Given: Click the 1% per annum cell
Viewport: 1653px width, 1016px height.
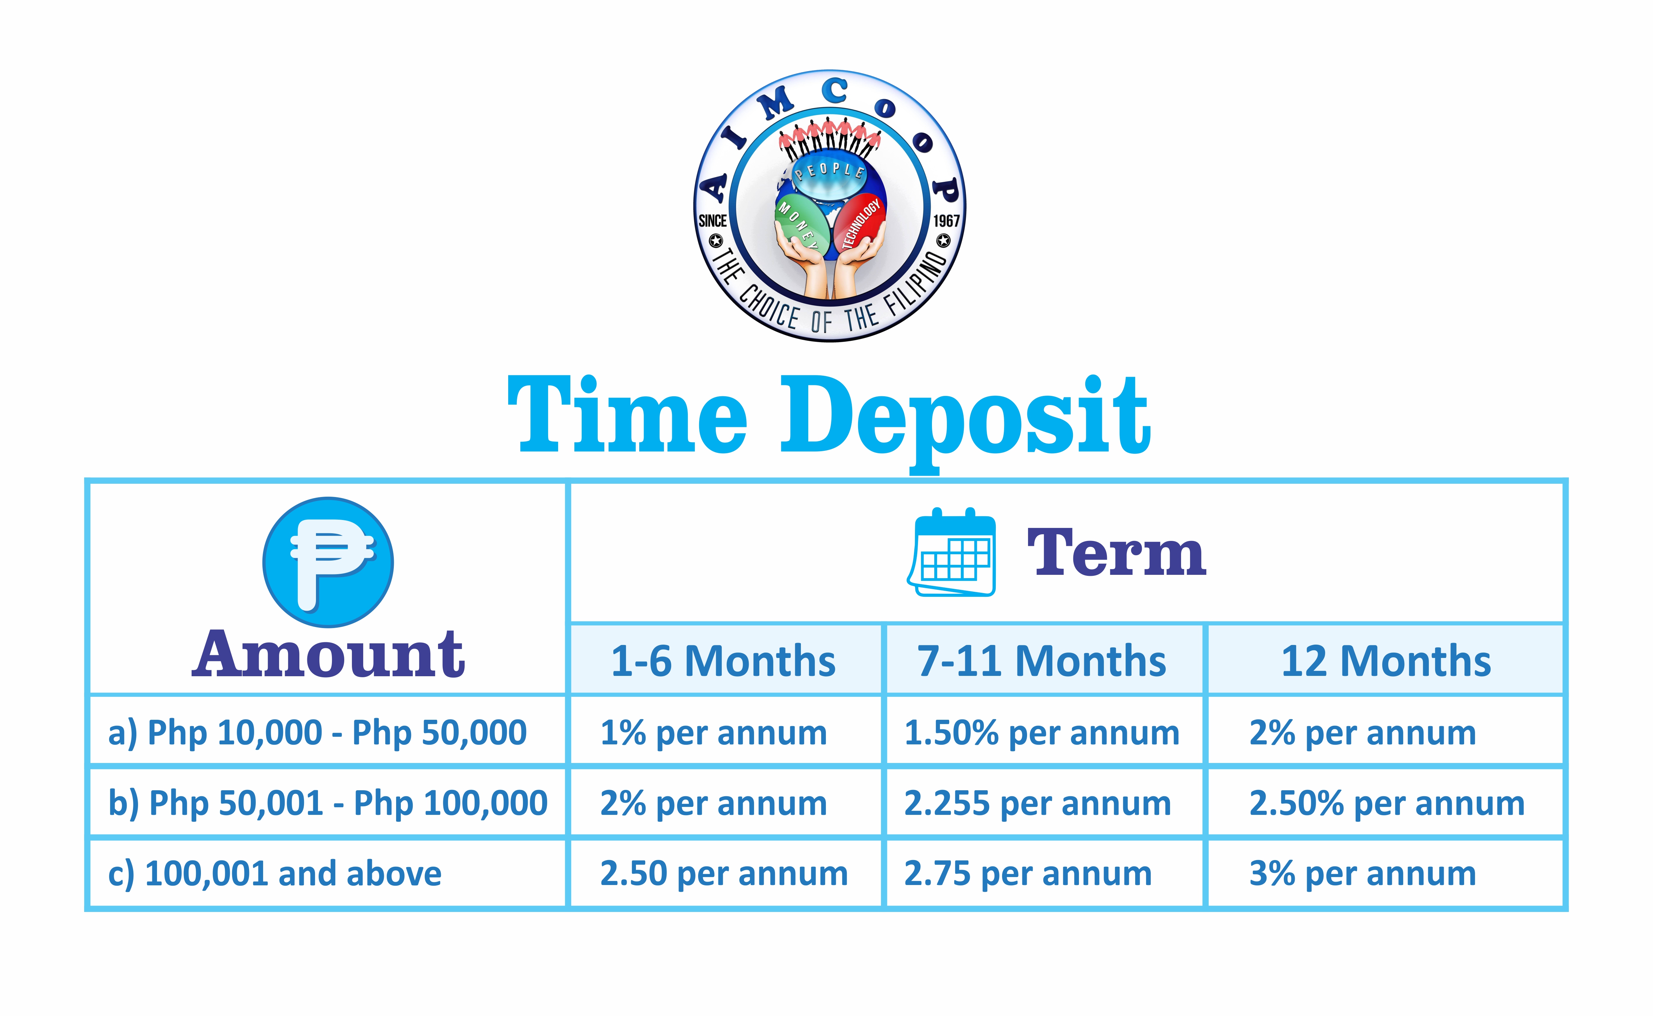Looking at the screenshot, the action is pyautogui.click(x=713, y=732).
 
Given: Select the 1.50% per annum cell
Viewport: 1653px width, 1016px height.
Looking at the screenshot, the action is pyautogui.click(x=1042, y=732).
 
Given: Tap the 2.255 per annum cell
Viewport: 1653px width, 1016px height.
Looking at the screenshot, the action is pyautogui.click(x=1037, y=803).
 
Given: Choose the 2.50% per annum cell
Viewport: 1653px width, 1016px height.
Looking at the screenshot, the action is pyautogui.click(x=1387, y=803).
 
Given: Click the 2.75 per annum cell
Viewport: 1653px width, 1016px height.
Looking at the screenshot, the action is pyautogui.click(x=1028, y=874).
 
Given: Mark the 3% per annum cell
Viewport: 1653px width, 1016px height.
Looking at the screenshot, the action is pyautogui.click(x=1363, y=874).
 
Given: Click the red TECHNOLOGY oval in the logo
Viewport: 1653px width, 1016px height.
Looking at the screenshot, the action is pyautogui.click(x=860, y=222).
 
